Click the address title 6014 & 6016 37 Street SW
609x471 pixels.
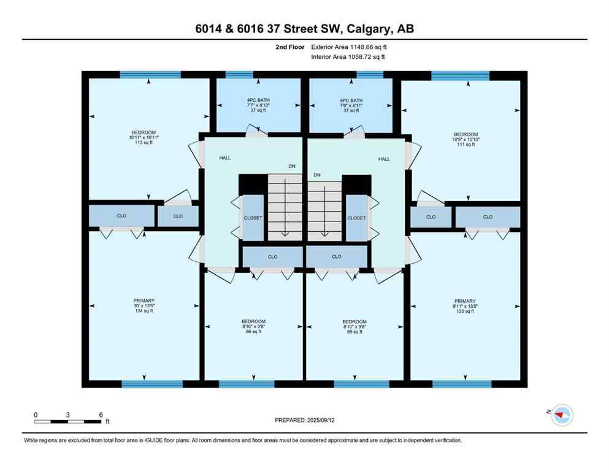pos(304,29)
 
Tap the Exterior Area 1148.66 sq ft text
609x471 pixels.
pos(341,47)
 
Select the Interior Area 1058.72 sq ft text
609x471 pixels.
pos(340,57)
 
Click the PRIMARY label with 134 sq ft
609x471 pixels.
pos(144,305)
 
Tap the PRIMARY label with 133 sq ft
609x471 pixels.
pos(465,305)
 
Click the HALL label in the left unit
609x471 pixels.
pos(225,158)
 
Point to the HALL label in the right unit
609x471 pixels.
pos(384,159)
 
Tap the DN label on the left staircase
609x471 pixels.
pos(293,166)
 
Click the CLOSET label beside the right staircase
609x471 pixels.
pos(356,218)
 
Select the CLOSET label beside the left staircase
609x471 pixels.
pos(253,218)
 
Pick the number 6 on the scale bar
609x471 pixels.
pos(101,415)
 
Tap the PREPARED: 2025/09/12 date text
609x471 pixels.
pos(304,420)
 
